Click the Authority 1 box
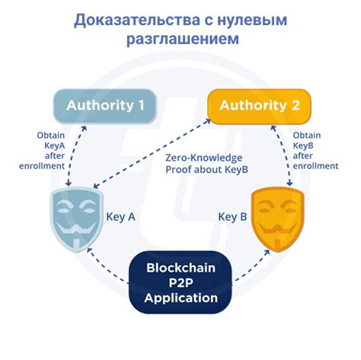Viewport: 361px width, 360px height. [105, 107]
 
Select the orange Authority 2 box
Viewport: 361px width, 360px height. [260, 107]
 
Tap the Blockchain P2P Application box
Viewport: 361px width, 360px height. [180, 282]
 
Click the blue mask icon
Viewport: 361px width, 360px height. [76, 219]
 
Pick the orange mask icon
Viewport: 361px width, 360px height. [277, 219]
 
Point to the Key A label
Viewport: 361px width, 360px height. [120, 217]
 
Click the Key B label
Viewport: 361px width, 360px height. [232, 217]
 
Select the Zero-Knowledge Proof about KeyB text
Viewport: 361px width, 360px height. [206, 164]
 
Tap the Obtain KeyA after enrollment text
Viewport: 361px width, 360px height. [42, 151]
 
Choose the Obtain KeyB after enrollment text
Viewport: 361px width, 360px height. [315, 151]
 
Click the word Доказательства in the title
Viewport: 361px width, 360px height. [137, 21]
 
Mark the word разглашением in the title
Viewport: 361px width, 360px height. [183, 39]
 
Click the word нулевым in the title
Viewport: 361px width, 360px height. [252, 21]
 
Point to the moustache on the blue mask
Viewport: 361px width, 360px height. [76, 229]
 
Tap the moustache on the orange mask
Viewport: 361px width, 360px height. [277, 229]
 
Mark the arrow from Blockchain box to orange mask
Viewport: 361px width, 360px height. [251, 265]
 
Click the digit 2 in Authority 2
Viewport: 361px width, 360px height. [296, 106]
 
